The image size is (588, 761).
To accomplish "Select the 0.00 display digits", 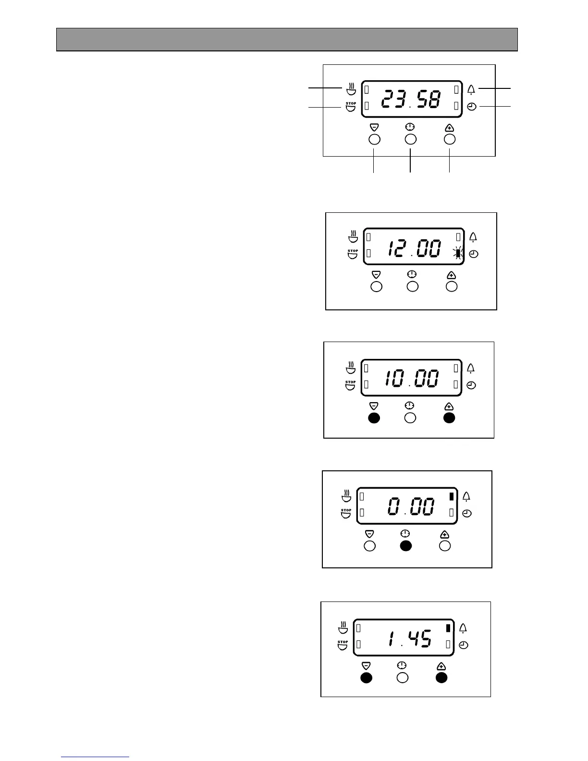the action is pyautogui.click(x=411, y=507).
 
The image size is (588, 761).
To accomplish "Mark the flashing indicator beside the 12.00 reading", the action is pyautogui.click(x=459, y=254).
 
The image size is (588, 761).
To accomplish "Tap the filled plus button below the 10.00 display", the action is pyautogui.click(x=449, y=418).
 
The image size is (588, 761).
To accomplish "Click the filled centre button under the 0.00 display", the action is pyautogui.click(x=406, y=546).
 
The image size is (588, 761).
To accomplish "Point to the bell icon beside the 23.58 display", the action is pyautogui.click(x=471, y=89).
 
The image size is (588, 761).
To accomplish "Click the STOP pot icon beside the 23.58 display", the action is pyautogui.click(x=351, y=106).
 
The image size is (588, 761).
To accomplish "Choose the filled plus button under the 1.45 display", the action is pyautogui.click(x=441, y=677).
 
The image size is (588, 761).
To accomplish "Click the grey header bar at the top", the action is pyautogui.click(x=287, y=39).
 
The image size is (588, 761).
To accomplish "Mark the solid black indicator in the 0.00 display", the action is pyautogui.click(x=451, y=497).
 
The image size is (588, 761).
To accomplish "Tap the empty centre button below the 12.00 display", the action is pyautogui.click(x=412, y=286).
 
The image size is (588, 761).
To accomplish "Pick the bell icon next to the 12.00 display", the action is pyautogui.click(x=473, y=237).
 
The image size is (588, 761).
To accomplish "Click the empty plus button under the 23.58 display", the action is pyautogui.click(x=450, y=139).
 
